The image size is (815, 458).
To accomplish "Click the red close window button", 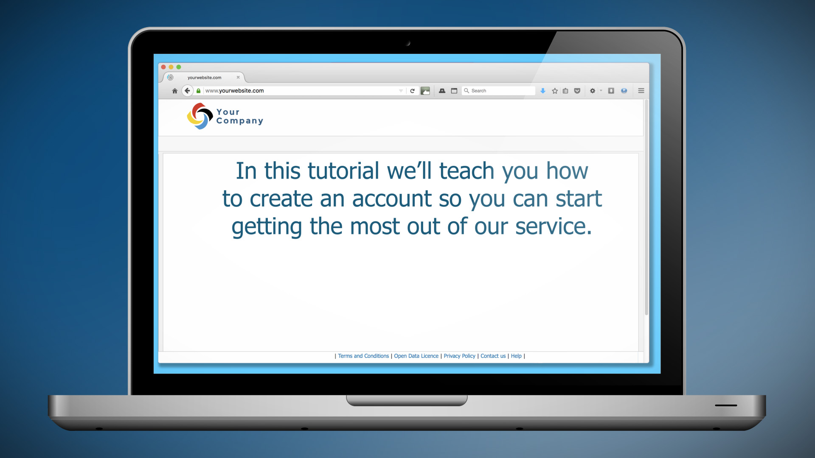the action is click(x=163, y=67).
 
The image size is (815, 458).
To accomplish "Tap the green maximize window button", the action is click(x=179, y=67).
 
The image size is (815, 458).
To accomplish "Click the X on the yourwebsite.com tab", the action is click(x=238, y=77).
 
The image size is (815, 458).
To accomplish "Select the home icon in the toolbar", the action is click(x=174, y=91).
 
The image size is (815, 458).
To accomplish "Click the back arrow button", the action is click(x=187, y=91).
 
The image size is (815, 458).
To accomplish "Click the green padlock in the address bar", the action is click(x=198, y=91).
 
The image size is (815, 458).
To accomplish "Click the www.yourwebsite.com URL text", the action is click(x=234, y=91).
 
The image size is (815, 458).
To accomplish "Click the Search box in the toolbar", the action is click(x=499, y=91).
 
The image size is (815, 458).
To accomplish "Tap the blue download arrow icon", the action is click(x=542, y=91).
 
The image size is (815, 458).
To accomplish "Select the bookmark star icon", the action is click(x=555, y=91).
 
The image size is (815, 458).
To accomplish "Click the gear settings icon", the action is click(x=593, y=91).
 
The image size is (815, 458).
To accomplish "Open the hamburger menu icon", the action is click(x=641, y=91).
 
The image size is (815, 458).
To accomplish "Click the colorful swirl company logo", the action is click(x=200, y=116).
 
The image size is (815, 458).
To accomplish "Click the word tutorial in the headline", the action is click(x=343, y=170).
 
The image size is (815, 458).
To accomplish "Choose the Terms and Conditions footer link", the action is click(x=363, y=356).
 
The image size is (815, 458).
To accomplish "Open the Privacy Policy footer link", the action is click(x=459, y=356).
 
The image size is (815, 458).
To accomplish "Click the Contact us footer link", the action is click(x=493, y=356).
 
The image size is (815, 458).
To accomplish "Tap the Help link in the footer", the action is click(x=516, y=356).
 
